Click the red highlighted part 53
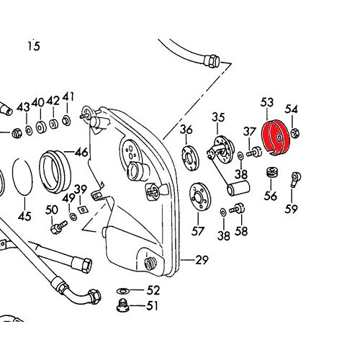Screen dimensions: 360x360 click(275, 138)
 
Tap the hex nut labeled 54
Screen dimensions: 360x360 click(295, 133)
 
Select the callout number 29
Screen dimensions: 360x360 click(202, 260)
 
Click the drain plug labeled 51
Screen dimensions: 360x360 click(122, 306)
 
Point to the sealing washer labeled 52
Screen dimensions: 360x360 click(123, 291)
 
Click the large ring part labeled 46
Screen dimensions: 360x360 click(55, 171)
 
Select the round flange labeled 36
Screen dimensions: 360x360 click(190, 158)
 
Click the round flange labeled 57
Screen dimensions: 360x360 click(199, 197)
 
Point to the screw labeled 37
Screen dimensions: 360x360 click(254, 152)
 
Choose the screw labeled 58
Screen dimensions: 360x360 click(237, 209)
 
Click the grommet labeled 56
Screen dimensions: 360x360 click(272, 172)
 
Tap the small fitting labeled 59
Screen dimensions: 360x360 click(295, 179)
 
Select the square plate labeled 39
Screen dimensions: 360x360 click(83, 210)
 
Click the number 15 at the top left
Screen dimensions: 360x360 click(34, 45)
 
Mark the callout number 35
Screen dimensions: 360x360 click(218, 117)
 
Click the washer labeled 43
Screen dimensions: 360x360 click(29, 131)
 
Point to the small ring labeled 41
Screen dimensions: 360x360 click(66, 120)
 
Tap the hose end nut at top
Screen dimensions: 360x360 click(212, 61)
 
